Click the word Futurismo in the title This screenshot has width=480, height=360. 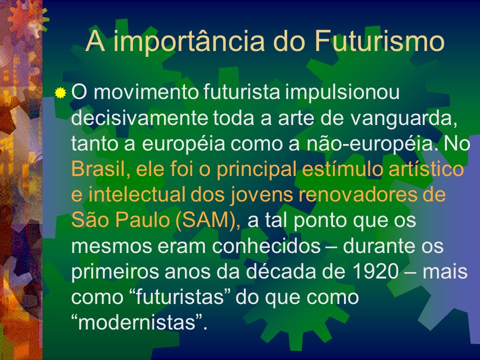click(379, 41)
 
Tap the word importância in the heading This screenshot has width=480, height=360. click(188, 42)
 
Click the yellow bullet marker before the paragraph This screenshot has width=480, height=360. click(60, 93)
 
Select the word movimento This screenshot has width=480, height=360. click(146, 92)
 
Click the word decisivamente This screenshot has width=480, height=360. click(139, 118)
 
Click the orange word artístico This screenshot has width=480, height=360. click(426, 168)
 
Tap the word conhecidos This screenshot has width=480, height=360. click(266, 245)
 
